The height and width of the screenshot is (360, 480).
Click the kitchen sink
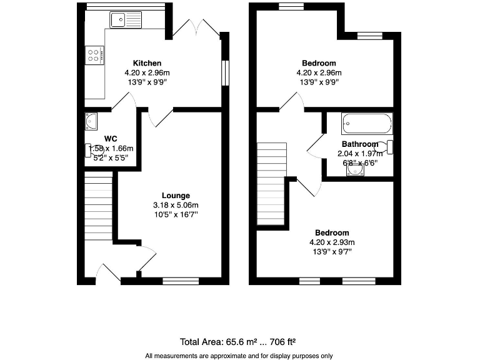pos(126,21)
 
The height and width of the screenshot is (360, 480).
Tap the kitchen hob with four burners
pos(94,56)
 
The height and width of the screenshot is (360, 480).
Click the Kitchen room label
pos(147,63)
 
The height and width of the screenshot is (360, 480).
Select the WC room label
pos(111,138)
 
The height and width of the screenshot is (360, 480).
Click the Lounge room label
pos(176,196)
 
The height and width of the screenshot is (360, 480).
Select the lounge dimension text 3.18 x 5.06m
pos(176,205)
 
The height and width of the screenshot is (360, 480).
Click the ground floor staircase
pos(98,206)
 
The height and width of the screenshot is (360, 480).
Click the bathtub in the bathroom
pos(367,123)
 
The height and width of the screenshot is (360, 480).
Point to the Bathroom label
pos(359,144)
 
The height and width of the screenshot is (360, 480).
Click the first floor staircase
pos(272,182)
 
